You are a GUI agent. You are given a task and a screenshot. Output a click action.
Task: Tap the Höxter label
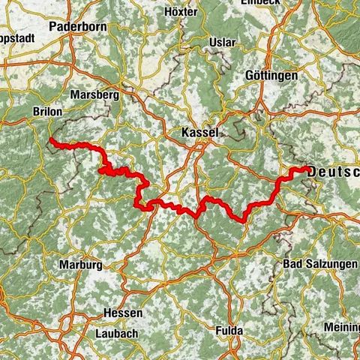[181, 13]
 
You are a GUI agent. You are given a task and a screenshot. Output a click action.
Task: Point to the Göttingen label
[271, 76]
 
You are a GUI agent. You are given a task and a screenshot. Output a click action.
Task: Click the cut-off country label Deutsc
[334, 172]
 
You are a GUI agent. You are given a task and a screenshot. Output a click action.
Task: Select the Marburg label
[80, 265]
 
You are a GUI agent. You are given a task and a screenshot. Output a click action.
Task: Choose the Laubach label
[118, 332]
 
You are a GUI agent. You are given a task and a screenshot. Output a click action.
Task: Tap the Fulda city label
[229, 331]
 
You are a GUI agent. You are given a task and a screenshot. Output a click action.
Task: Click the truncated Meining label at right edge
[342, 327]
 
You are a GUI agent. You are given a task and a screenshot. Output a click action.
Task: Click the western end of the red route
[50, 140]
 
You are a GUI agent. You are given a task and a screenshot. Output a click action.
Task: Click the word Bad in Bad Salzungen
[293, 265]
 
